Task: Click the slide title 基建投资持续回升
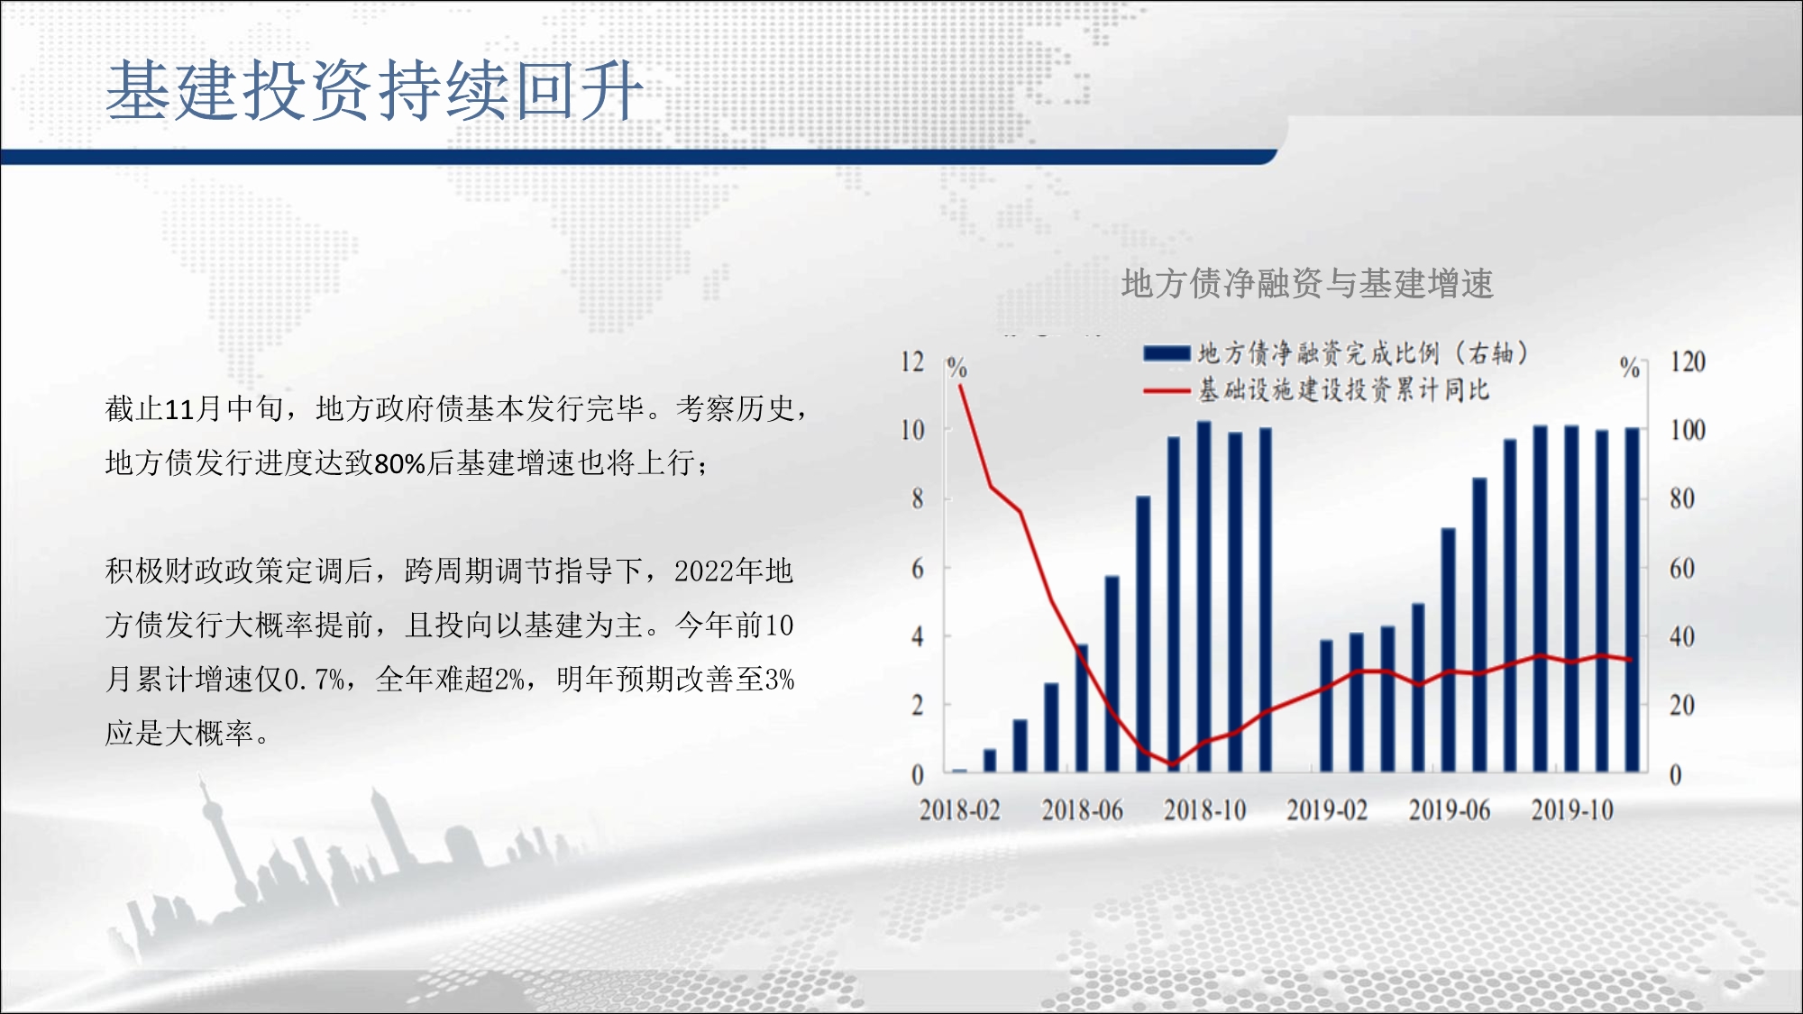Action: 374,90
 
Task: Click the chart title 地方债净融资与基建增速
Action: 1307,283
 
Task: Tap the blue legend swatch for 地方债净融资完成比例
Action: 1167,353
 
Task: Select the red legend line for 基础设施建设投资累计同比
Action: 1167,391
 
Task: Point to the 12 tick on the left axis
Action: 912,361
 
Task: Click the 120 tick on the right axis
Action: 1688,361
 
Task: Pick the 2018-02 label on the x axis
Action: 960,809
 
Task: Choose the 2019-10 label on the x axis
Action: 1572,809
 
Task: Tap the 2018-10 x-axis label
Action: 1205,809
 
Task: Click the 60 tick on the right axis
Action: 1682,568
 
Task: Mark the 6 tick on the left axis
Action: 918,568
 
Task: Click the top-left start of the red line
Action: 960,386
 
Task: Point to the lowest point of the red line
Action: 1173,764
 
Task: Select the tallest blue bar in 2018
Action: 1204,596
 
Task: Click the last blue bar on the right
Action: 1633,599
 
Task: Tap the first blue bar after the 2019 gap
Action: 1326,706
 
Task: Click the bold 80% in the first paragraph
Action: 399,463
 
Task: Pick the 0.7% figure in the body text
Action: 315,680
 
